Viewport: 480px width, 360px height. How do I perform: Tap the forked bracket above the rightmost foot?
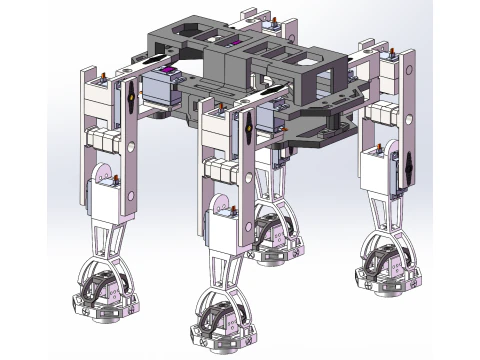point(384,220)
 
